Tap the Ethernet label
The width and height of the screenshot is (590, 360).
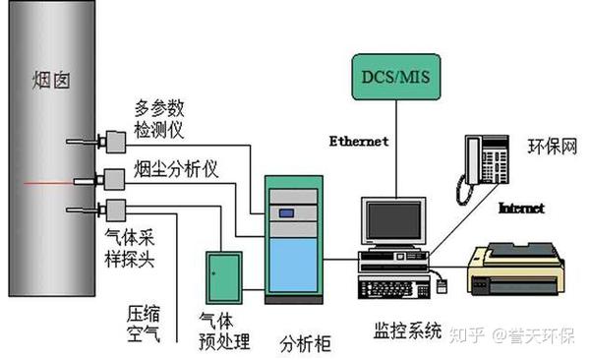click(x=358, y=141)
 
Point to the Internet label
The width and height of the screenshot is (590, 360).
click(x=521, y=209)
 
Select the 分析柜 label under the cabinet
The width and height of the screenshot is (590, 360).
click(x=306, y=343)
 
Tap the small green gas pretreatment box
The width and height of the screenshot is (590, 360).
click(x=222, y=274)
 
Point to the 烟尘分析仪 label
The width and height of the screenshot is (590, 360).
click(x=175, y=168)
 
